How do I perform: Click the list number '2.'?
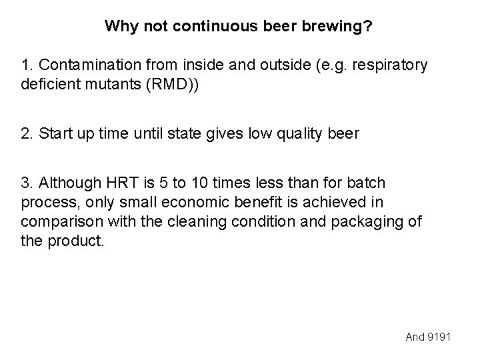tap(27, 133)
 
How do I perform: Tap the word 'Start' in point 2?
tap(55, 133)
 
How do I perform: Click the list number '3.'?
tap(27, 183)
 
